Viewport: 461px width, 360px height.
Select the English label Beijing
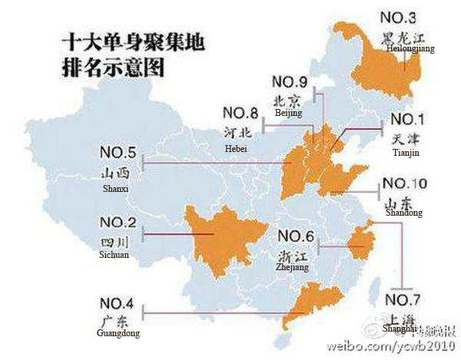[x=288, y=112]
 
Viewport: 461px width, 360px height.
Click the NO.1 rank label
[x=407, y=120]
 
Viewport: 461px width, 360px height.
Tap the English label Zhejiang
[x=292, y=267]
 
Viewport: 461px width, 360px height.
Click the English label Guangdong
[x=121, y=333]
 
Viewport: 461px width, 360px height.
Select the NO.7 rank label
[x=404, y=298]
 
